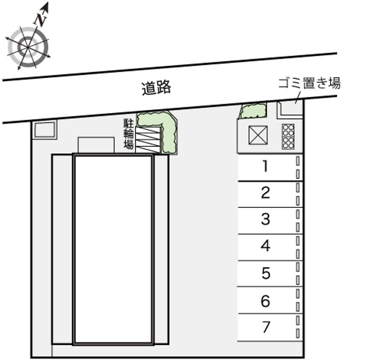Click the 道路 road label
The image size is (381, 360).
click(x=157, y=88)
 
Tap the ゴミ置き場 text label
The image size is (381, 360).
click(x=309, y=83)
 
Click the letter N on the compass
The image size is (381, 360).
click(x=40, y=20)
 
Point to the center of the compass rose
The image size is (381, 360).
click(x=28, y=47)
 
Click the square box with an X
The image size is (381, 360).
click(x=258, y=135)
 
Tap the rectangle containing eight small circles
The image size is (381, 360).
click(x=288, y=136)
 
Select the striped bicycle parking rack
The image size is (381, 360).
click(x=148, y=140)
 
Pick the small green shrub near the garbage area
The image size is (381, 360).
click(x=253, y=111)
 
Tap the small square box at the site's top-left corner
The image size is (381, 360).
click(x=45, y=130)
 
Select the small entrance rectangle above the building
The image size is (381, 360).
click(x=96, y=145)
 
